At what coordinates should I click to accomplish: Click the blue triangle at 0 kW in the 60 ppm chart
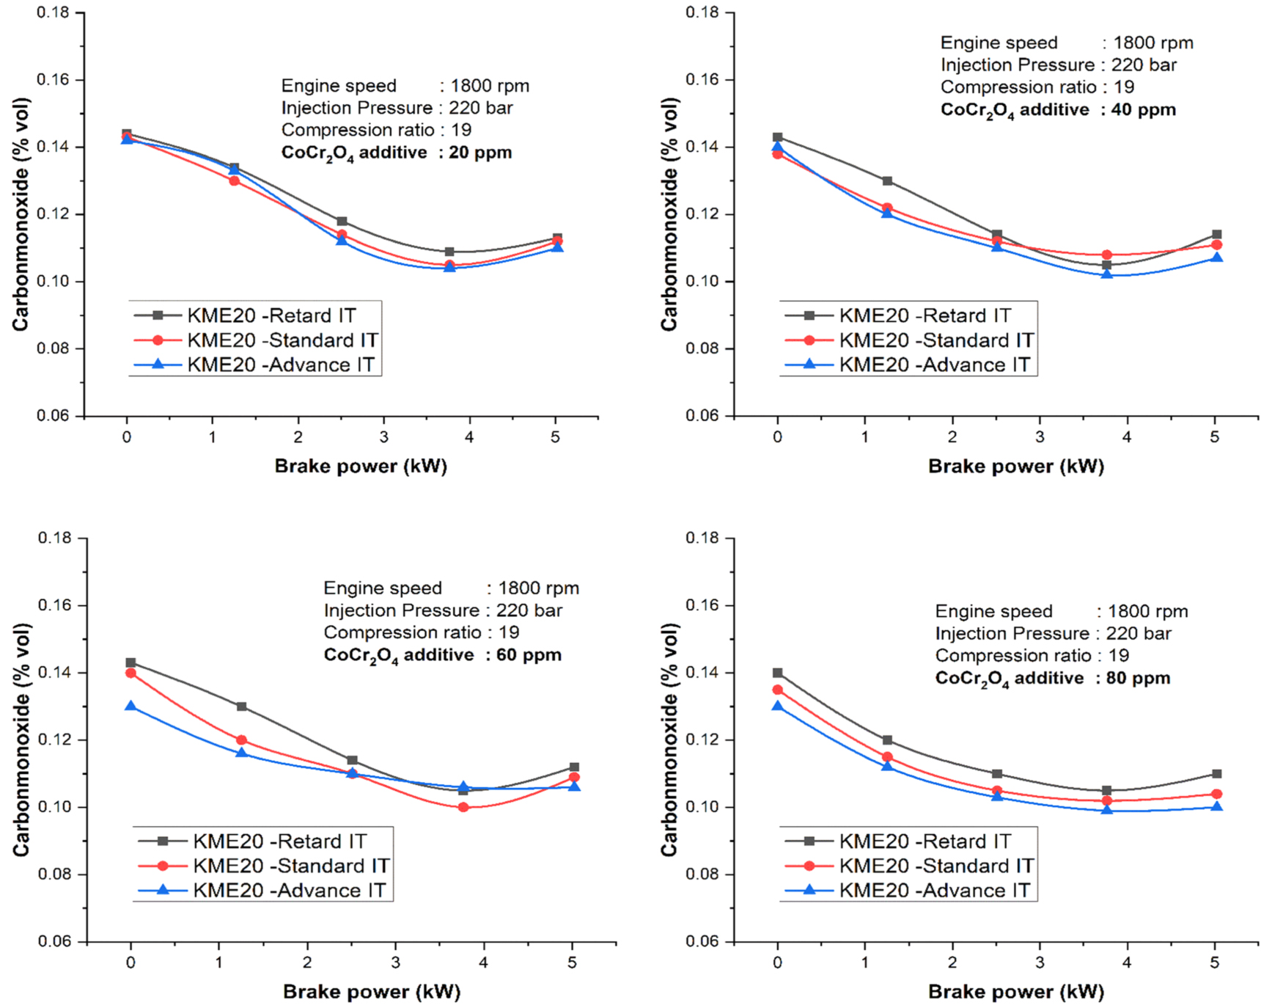coord(130,706)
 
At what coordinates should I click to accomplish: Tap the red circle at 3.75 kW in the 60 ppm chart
coord(463,807)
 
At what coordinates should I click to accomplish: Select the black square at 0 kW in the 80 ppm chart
coord(778,673)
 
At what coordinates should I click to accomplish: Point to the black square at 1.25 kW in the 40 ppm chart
coord(887,180)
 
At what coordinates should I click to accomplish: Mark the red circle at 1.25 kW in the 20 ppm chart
coord(235,180)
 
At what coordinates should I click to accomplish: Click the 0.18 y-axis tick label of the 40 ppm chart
coord(702,12)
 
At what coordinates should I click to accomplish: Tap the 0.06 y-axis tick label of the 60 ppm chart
coord(54,941)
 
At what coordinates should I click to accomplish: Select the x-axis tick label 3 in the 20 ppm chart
coord(383,437)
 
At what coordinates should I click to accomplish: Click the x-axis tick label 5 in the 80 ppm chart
coord(1215,963)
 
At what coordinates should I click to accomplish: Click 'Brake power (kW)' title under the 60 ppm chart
coord(372,992)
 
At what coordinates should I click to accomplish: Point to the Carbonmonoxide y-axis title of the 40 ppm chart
coord(669,214)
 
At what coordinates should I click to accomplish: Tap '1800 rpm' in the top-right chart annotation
coord(1153,43)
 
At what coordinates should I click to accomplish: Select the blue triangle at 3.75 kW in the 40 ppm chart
coord(1107,274)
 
